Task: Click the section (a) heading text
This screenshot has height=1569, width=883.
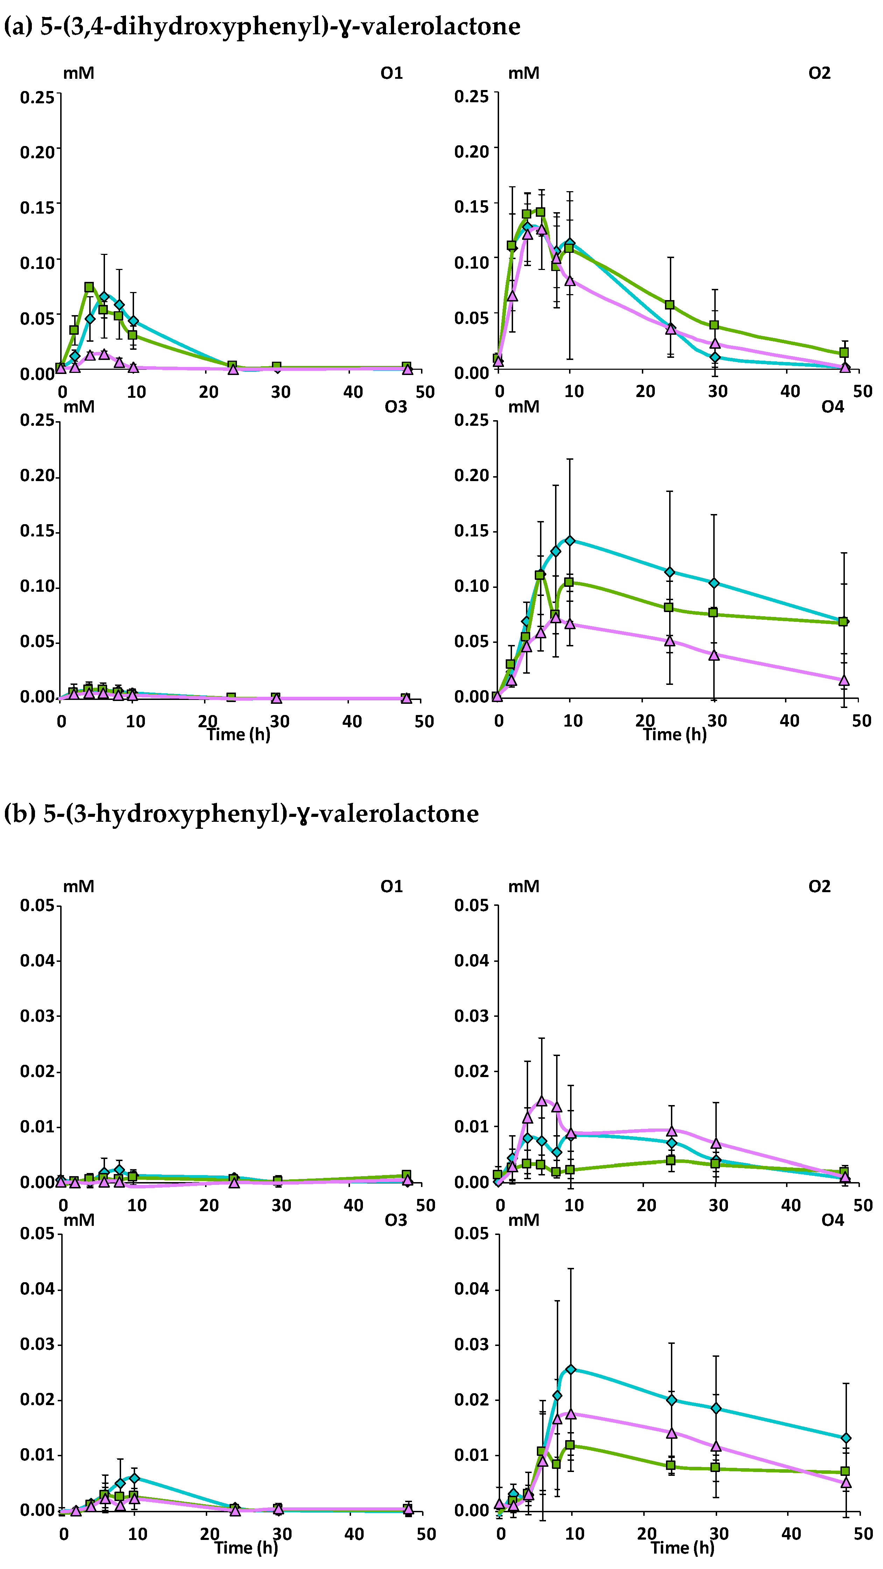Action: tap(262, 26)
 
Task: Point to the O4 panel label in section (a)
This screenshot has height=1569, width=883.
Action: tap(833, 407)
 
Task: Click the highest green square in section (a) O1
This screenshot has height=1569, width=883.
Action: tap(89, 287)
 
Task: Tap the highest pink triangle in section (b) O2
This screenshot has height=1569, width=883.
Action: tap(541, 1101)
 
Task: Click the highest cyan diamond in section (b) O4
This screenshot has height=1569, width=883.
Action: tap(570, 1370)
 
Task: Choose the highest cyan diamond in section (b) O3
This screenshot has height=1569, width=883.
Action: tap(135, 1478)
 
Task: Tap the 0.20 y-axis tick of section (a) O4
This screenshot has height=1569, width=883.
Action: tap(471, 476)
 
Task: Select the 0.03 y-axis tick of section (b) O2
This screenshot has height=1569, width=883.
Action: tap(471, 1016)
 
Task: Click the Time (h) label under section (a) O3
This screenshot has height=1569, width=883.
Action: tap(238, 734)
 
